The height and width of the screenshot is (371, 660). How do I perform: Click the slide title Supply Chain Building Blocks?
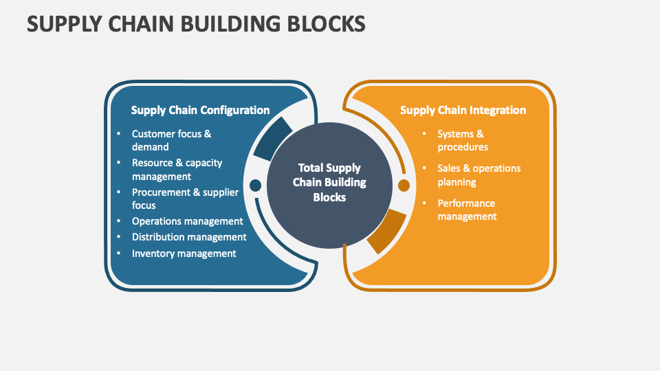click(x=196, y=23)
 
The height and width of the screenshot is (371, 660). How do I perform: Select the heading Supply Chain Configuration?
click(x=200, y=110)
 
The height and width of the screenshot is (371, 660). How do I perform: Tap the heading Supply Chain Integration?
click(x=463, y=110)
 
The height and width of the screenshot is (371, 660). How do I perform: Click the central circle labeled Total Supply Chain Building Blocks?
click(x=329, y=183)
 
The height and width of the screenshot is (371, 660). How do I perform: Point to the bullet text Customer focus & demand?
click(x=171, y=140)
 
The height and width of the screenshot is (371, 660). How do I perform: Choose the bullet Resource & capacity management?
click(x=177, y=170)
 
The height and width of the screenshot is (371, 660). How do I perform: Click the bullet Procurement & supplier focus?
click(x=185, y=199)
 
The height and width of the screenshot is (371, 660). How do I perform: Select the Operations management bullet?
click(x=187, y=221)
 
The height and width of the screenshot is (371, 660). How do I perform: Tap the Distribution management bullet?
click(x=188, y=237)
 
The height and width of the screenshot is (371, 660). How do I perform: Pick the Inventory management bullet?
click(x=184, y=254)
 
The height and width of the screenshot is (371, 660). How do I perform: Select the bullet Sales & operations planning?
click(x=478, y=175)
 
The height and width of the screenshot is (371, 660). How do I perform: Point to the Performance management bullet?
click(x=467, y=210)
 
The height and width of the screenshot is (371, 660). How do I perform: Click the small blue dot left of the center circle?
click(x=255, y=185)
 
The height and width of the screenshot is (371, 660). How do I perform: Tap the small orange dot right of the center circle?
click(x=404, y=185)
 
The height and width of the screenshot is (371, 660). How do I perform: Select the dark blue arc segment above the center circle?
click(x=273, y=137)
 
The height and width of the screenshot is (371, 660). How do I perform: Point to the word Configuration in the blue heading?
click(x=236, y=110)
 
